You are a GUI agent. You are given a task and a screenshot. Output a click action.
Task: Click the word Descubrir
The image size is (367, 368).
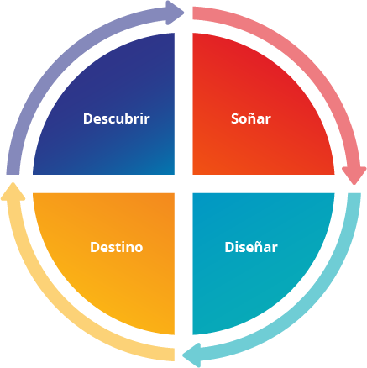click(x=116, y=118)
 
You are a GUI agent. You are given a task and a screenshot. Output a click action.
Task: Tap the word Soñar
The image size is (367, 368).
click(x=251, y=118)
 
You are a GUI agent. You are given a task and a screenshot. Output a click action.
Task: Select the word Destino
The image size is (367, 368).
click(x=117, y=247)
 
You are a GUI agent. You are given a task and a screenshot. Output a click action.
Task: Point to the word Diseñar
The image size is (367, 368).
click(x=251, y=247)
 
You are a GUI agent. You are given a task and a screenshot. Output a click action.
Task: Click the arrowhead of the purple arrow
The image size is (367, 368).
click(x=175, y=13)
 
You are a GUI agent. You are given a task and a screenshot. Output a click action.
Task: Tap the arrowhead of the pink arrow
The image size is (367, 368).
click(x=354, y=176)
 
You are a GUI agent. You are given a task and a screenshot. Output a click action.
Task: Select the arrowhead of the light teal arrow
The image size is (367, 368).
click(x=192, y=355)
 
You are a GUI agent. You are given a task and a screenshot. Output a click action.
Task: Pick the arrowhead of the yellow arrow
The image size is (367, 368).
click(x=13, y=192)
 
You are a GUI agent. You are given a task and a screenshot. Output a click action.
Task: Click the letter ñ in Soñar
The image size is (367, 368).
click(x=251, y=118)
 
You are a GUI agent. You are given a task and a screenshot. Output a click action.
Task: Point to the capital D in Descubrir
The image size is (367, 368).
click(x=87, y=118)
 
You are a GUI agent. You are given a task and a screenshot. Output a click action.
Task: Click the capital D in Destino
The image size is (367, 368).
click(x=95, y=247)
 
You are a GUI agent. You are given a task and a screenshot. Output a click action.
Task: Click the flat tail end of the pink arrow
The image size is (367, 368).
click(x=193, y=13)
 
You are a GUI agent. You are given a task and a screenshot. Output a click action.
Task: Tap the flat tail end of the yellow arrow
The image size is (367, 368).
click(x=174, y=355)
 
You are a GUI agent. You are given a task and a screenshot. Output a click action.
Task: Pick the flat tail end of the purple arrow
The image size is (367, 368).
click(x=13, y=174)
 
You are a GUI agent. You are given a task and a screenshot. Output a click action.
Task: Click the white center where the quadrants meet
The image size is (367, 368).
click(x=184, y=184)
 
